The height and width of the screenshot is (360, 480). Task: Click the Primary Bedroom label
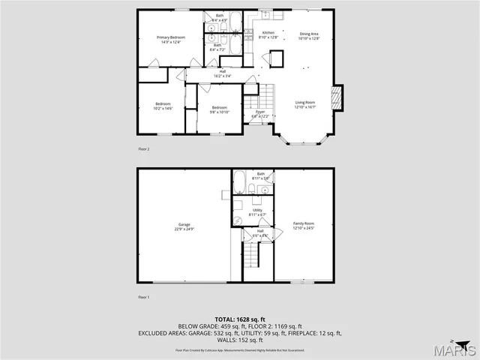[171, 40]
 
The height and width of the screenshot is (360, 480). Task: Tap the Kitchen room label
[268, 35]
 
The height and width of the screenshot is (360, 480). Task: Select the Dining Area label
[310, 35]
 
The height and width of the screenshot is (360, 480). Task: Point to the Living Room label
[304, 104]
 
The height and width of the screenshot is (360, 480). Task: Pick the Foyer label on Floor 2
[259, 114]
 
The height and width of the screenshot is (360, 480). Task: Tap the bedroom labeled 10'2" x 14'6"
[163, 106]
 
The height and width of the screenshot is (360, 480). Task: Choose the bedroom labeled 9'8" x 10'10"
[219, 109]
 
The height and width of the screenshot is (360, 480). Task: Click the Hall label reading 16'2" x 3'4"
[223, 73]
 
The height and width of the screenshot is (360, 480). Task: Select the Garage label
[184, 226]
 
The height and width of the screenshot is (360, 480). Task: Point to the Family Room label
[303, 225]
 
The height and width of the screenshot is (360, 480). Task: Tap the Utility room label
[257, 212]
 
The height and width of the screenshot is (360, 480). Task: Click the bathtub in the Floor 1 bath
[239, 182]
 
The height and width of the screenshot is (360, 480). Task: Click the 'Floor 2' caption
[144, 149]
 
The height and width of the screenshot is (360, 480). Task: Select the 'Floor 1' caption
[144, 298]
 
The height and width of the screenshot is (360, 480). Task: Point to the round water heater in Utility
[238, 219]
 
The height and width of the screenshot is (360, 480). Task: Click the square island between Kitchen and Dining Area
[277, 58]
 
